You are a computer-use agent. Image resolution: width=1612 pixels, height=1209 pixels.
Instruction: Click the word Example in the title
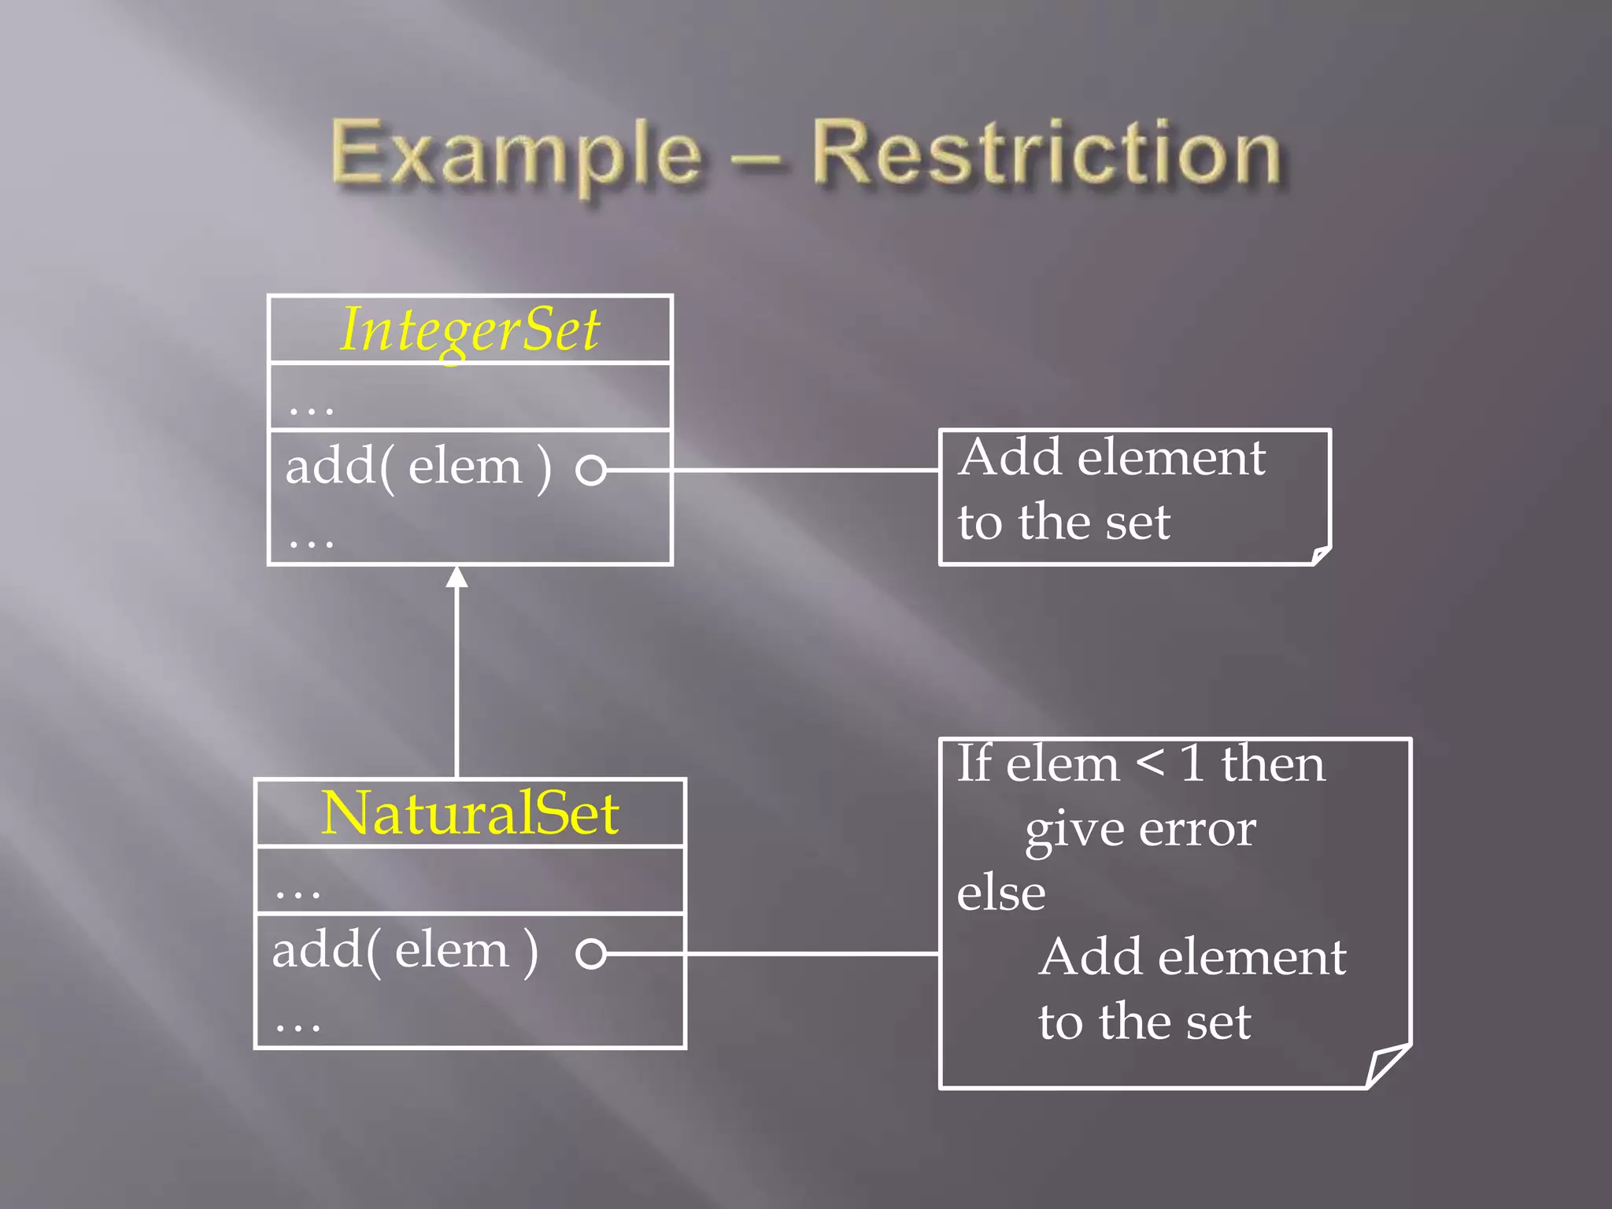tap(516, 154)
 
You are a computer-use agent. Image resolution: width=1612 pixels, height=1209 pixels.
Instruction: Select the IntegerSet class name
tap(470, 330)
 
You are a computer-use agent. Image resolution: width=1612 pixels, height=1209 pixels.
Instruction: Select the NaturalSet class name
tap(470, 813)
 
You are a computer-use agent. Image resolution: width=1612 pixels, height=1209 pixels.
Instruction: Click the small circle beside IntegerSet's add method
tap(590, 470)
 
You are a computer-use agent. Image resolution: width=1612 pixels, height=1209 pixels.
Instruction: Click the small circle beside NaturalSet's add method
tap(590, 953)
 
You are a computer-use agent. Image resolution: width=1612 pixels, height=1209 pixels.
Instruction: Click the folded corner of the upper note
tap(1321, 556)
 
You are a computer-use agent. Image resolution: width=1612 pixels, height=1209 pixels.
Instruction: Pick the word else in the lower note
tap(1001, 893)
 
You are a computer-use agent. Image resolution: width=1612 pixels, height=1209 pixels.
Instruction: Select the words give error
tap(1141, 829)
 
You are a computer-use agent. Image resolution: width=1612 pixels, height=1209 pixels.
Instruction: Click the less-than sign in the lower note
tap(1150, 763)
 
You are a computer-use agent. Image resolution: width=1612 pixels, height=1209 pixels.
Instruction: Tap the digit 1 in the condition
tap(1192, 763)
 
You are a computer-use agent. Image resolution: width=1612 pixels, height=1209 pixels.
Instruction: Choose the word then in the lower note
tap(1273, 763)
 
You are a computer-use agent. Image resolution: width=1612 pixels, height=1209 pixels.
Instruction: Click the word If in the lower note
tap(974, 763)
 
